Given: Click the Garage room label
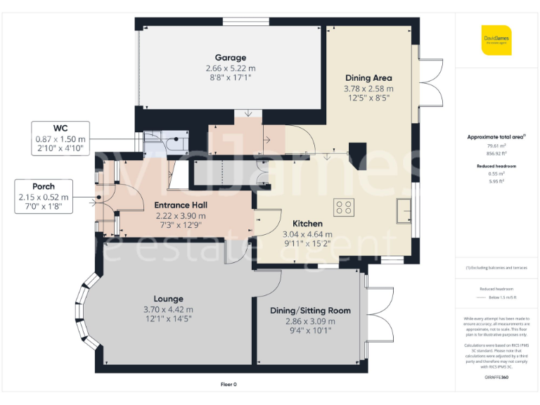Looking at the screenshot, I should pyautogui.click(x=231, y=58).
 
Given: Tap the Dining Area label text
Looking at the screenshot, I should pyautogui.click(x=368, y=78).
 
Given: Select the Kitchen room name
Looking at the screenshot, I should pyautogui.click(x=307, y=224).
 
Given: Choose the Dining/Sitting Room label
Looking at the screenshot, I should pyautogui.click(x=310, y=310).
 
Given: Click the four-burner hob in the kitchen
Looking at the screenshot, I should pyautogui.click(x=345, y=207).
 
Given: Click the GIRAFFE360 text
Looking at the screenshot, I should pyautogui.click(x=496, y=378).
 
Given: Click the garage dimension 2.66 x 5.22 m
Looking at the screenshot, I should pyautogui.click(x=231, y=68).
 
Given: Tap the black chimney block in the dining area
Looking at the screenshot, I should pyautogui.click(x=358, y=153).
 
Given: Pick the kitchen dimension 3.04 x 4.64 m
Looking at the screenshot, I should pyautogui.click(x=307, y=234).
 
